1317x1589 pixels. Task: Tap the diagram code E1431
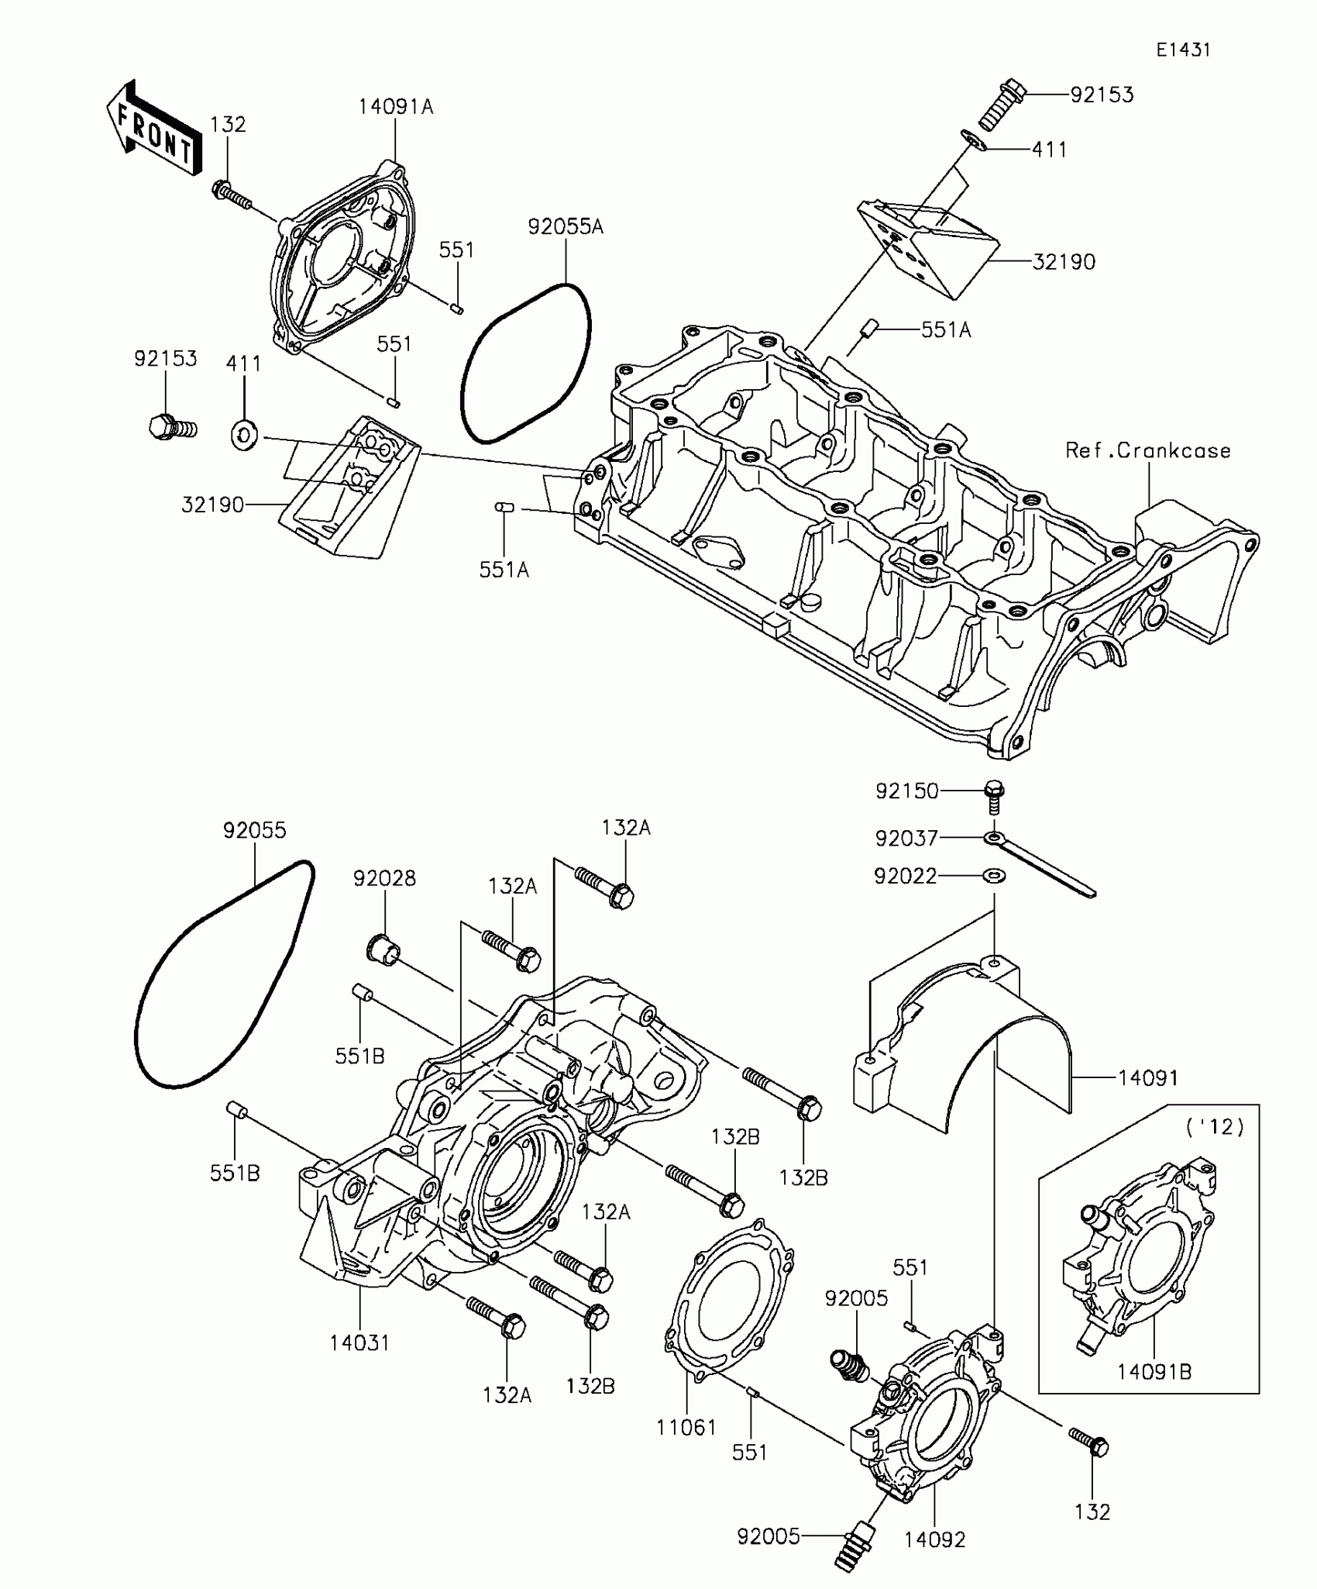(x=1183, y=50)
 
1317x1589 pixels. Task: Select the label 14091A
(x=395, y=107)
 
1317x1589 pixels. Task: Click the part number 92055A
(x=566, y=226)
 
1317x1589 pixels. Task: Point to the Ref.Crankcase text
(x=1147, y=450)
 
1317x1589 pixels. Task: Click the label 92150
(x=906, y=791)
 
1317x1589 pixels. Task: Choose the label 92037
(x=906, y=838)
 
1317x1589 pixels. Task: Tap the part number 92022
(x=905, y=876)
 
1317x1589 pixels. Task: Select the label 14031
(x=359, y=1343)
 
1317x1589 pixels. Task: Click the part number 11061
(x=686, y=1427)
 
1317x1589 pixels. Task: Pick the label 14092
(x=934, y=1539)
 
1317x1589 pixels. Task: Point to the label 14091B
(x=1154, y=1372)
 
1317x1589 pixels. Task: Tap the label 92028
(x=384, y=878)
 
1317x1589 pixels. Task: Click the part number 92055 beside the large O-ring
(x=254, y=830)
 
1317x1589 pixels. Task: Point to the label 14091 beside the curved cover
(x=1147, y=1077)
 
